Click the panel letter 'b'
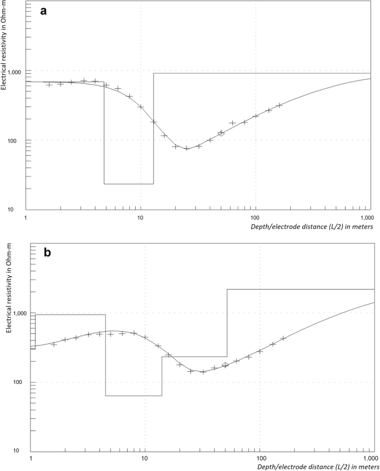click(x=48, y=252)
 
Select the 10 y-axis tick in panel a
click(x=17, y=209)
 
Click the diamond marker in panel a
click(x=221, y=133)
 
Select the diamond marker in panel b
click(x=225, y=365)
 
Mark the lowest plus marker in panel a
click(x=187, y=148)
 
